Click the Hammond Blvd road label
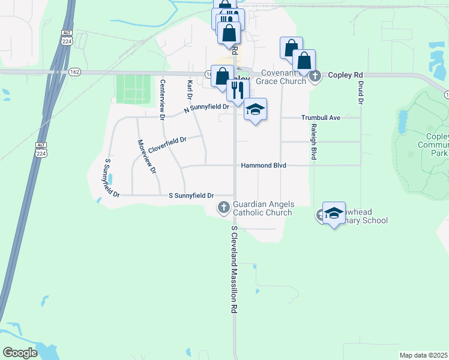tap(264, 166)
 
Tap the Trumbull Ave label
tap(321, 118)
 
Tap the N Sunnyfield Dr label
tap(206, 107)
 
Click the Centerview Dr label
tap(162, 99)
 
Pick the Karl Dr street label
tap(189, 89)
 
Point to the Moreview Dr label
tap(146, 157)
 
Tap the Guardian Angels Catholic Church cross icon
tap(223, 208)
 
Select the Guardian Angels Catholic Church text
tap(262, 208)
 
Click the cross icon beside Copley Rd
tap(316, 76)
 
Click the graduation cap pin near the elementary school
tap(334, 213)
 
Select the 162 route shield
tap(92, 72)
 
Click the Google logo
tap(20, 353)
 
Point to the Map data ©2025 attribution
tap(423, 355)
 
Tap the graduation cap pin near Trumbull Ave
tap(255, 109)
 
